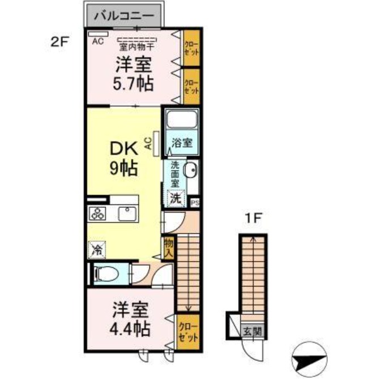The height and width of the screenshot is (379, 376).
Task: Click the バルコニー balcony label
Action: coord(124,16)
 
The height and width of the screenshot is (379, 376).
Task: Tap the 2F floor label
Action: coord(60,42)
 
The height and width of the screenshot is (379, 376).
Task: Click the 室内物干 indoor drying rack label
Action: coord(136,46)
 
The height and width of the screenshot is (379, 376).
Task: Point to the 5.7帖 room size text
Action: coord(133,83)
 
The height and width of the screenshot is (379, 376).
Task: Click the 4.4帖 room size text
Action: coord(130,329)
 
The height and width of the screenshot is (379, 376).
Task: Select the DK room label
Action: coord(124,149)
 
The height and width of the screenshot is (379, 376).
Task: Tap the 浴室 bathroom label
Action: coord(182,143)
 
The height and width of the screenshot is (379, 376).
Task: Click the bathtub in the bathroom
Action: coord(182,119)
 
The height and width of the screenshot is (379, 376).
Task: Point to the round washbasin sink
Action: coord(191,169)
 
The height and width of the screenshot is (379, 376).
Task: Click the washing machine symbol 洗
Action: coord(176,198)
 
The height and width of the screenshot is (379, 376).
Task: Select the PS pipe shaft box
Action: coord(195,203)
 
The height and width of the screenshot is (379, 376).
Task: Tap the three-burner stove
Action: coord(97,214)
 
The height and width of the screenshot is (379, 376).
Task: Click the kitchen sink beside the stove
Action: coord(127,214)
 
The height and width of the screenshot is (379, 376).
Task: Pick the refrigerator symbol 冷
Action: coord(97,250)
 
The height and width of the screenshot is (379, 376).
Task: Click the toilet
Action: coord(106,274)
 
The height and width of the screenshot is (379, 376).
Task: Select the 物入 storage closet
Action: coord(169,248)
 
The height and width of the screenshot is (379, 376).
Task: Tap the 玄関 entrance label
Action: coord(253,331)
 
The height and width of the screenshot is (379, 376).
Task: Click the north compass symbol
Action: coord(309,359)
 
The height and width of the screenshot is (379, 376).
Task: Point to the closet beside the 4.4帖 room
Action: coord(188,332)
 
